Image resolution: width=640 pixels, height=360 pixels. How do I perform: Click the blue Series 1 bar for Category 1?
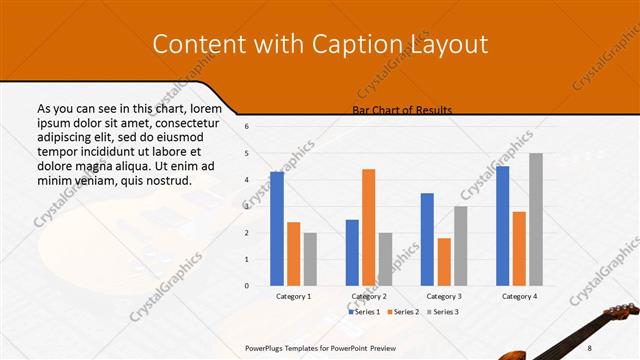click(277, 228)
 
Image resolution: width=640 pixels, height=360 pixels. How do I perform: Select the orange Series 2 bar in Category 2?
click(368, 227)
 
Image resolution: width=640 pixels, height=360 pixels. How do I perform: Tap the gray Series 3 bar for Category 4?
click(535, 219)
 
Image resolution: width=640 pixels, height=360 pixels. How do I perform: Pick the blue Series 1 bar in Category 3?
click(427, 239)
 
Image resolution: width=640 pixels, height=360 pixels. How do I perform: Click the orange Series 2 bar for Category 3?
click(443, 261)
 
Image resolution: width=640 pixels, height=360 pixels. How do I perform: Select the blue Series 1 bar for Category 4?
click(502, 225)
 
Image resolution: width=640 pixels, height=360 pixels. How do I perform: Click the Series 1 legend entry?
click(364, 312)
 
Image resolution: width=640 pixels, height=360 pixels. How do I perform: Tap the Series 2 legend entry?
click(403, 312)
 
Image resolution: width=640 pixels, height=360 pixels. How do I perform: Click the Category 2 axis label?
click(368, 297)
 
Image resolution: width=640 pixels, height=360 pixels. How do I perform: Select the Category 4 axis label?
click(518, 297)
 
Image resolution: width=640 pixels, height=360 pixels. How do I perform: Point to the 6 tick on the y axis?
click(247, 127)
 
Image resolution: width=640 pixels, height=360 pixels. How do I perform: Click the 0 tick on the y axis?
click(247, 286)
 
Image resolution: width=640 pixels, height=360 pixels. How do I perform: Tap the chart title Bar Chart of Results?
click(402, 110)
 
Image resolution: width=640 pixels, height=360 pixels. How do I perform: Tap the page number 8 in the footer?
click(617, 347)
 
